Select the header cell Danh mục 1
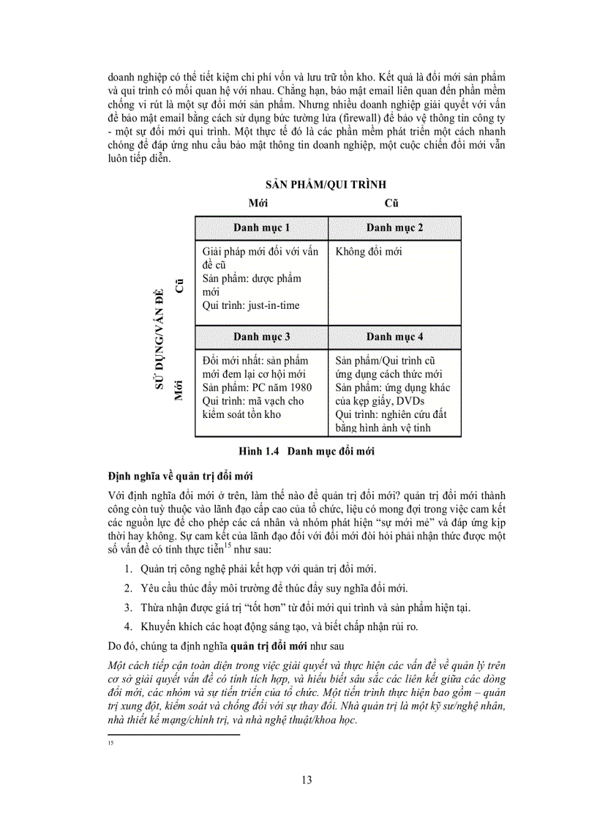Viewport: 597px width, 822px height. [262, 228]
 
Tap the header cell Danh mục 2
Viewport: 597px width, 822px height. [394, 228]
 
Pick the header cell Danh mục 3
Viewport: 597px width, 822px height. [262, 337]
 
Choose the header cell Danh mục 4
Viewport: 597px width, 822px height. [394, 337]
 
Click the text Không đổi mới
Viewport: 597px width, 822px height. [369, 252]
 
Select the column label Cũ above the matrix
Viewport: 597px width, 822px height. [391, 203]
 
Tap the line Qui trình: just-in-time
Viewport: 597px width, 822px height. [251, 305]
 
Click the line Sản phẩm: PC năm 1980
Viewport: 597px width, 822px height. [251, 387]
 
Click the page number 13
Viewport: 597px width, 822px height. [307, 780]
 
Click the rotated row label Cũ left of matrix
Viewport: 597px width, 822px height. [178, 285]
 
